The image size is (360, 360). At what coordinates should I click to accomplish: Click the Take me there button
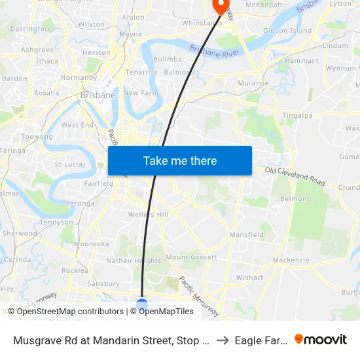coord(179,161)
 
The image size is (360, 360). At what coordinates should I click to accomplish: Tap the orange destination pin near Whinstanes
coord(221,6)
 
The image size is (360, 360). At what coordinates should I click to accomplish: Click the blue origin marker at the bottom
coord(142,304)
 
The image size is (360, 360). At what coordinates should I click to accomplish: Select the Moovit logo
coord(321,339)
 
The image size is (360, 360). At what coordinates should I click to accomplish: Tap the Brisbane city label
coord(98,95)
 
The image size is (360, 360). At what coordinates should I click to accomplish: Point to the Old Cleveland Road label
coord(295,175)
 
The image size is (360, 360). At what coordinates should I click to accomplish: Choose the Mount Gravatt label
coord(191,257)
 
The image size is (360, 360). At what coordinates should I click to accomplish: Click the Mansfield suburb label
coord(246,234)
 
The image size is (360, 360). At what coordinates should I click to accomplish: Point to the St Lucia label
coord(67,164)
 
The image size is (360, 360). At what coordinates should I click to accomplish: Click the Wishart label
coord(249,278)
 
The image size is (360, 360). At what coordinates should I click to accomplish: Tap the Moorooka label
coord(91,244)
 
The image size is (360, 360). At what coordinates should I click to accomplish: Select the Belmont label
coord(295,198)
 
